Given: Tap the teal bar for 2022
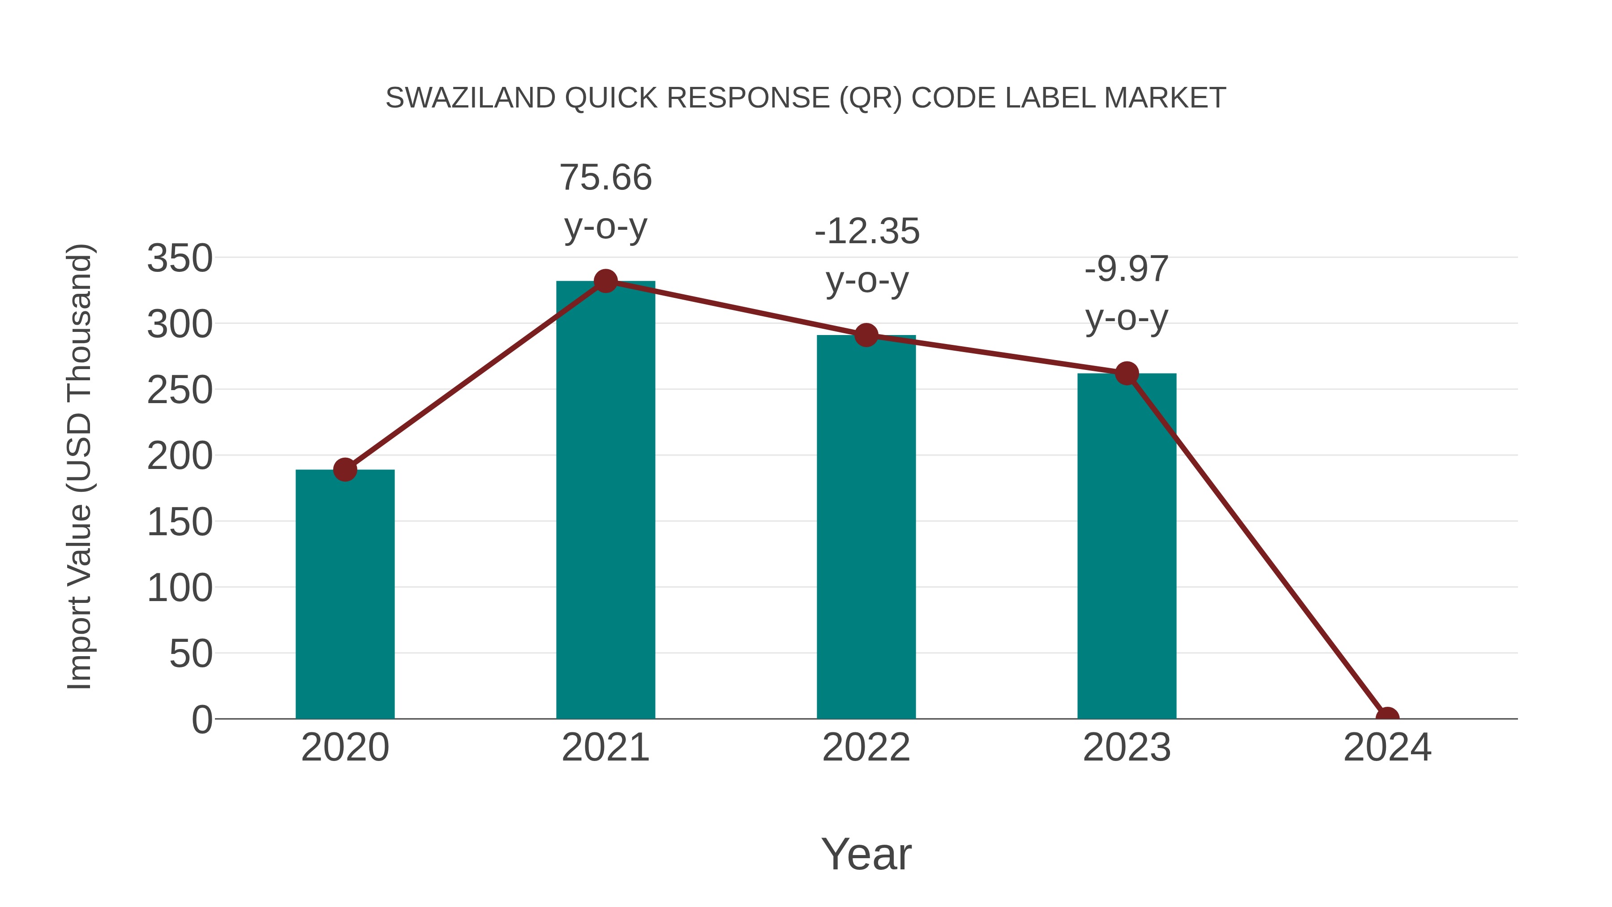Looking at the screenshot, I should [866, 526].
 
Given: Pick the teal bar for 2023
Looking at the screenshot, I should [1127, 545].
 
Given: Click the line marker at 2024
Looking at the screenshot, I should [1387, 718].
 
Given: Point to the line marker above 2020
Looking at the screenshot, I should [345, 469].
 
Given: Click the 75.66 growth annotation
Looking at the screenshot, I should [605, 178].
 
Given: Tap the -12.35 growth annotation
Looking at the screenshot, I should [867, 232].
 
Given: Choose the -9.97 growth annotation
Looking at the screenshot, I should [1127, 270].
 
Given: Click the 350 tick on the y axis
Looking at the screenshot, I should [180, 258].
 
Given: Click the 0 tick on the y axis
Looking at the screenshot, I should [202, 719].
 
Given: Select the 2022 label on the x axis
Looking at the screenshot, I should [866, 748].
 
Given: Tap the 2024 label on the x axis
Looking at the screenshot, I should [1387, 748].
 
